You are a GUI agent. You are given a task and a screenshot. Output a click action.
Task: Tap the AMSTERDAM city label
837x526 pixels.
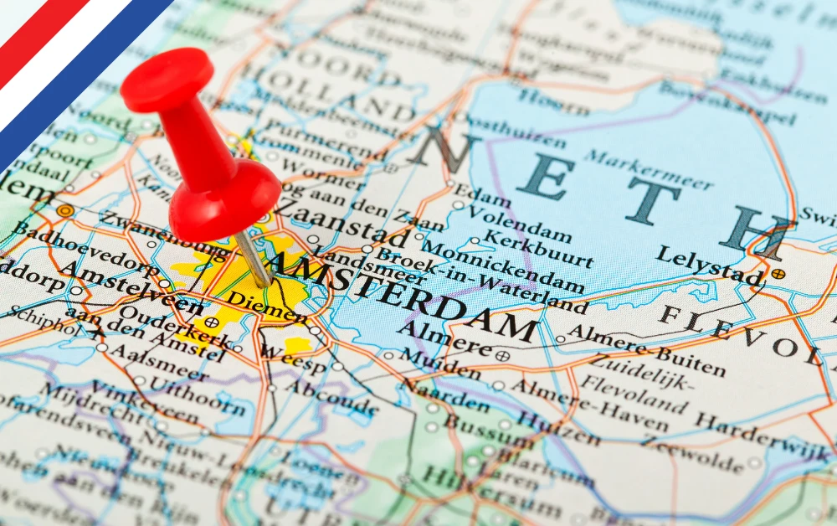pos(402,297)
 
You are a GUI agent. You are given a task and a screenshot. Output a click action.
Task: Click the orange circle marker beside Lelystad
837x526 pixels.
pos(778,273)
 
